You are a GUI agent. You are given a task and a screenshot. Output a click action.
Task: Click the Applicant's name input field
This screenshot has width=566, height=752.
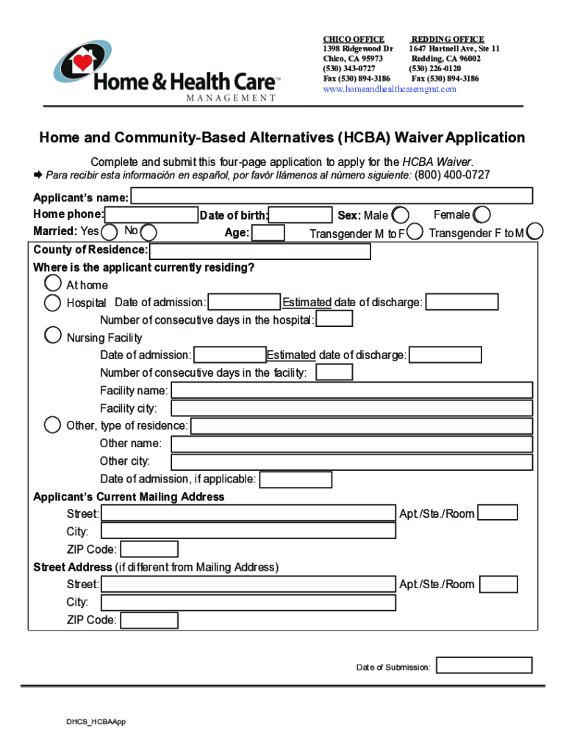pos(332,196)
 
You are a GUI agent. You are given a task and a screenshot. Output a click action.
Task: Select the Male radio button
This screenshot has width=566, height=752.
pos(401,215)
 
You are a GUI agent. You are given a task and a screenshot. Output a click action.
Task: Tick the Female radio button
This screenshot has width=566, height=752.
pos(482,215)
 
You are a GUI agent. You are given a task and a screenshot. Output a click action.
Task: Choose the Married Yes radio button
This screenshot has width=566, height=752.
pos(110,233)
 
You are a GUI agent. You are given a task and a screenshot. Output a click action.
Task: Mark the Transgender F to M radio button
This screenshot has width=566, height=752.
pos(536,231)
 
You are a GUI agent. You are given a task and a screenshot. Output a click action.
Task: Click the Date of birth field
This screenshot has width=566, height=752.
pos(300,215)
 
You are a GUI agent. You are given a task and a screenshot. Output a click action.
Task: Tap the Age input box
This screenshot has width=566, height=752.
pos(268,233)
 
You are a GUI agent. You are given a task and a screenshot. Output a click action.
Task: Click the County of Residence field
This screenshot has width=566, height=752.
pos(259,251)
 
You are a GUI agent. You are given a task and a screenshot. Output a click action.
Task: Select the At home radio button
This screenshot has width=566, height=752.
pos(53,283)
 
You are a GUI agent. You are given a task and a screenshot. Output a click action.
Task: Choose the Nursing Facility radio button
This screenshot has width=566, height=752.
pos(53,336)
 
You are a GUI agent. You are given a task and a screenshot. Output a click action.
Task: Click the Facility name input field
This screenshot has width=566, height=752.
pos(351,390)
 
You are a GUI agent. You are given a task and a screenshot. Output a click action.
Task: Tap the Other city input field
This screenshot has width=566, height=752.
pos(351,462)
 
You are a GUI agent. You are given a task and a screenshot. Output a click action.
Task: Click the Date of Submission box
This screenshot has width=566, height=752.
pos(484,665)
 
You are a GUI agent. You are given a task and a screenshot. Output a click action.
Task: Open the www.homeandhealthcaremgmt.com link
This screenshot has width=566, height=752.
pos(390,89)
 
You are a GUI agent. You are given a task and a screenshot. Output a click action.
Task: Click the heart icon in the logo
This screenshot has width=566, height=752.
pos(85,62)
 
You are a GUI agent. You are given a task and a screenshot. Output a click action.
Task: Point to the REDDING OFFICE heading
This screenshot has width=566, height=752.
pos(447,39)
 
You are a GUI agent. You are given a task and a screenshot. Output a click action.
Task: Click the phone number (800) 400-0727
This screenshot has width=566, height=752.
pos(452,175)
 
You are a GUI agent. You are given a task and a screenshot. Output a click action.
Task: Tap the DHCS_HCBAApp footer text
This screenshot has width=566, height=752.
pos(96,723)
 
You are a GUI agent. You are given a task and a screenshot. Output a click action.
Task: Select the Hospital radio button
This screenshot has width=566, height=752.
pos(53,302)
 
